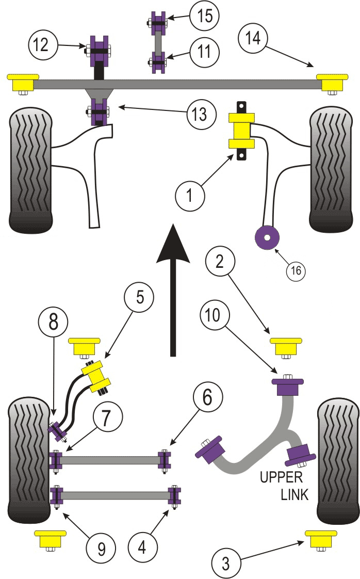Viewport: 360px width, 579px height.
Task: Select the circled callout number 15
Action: (204, 17)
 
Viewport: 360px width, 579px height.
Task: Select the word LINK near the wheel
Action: (294, 494)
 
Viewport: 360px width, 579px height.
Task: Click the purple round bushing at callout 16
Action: (267, 237)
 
